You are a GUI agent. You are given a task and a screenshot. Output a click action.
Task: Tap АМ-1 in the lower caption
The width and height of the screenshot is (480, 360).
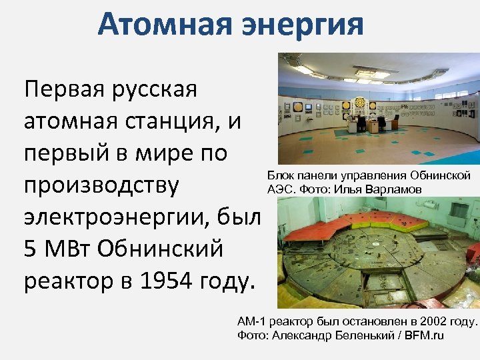(x=251, y=322)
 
